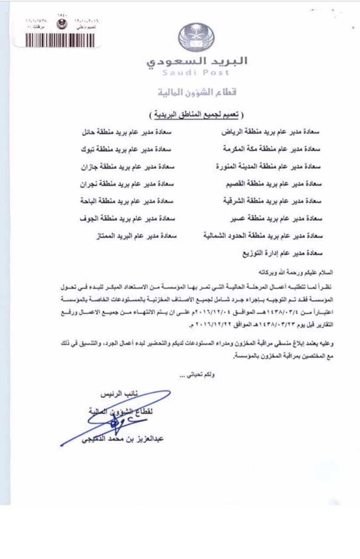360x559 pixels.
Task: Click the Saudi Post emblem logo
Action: point(196,38)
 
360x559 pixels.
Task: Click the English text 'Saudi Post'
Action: point(196,73)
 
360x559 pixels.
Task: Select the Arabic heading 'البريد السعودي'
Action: point(197,61)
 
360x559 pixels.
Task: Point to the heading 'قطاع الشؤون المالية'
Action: point(196,93)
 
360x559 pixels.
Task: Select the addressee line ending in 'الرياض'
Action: point(271,131)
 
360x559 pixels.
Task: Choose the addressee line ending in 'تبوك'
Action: point(126,149)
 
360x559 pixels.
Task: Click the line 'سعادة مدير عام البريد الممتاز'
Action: point(137,236)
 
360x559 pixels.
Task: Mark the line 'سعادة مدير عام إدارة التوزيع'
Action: point(282,253)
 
